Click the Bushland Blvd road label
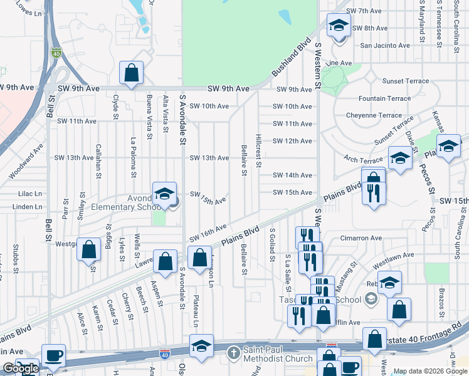[x=292, y=58]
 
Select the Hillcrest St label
[x=258, y=150]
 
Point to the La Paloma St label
[x=133, y=155]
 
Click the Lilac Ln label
[x=29, y=195]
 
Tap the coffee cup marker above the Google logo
[x=53, y=355]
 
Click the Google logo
[x=21, y=369]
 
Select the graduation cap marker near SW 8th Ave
[x=339, y=26]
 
